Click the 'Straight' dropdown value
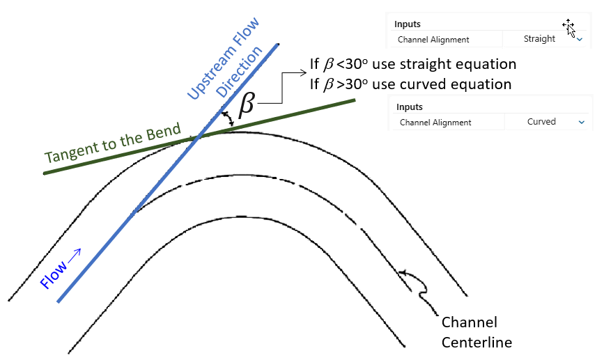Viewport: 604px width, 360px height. pos(539,39)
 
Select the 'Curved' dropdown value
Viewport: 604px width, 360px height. pos(541,122)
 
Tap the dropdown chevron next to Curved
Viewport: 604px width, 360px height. pos(581,122)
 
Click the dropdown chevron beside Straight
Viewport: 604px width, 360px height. pos(580,40)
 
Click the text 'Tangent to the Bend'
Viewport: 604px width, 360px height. pos(113,143)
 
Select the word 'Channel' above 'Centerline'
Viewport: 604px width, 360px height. pos(470,322)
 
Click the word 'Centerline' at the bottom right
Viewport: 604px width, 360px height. pos(477,342)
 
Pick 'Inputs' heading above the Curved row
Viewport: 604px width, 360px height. pos(410,107)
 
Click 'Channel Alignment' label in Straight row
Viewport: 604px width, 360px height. pos(433,40)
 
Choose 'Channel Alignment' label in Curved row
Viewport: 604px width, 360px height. pos(435,123)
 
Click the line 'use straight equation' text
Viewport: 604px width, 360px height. pos(444,65)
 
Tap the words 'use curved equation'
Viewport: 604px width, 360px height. pos(442,84)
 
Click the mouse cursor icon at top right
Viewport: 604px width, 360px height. pos(569,27)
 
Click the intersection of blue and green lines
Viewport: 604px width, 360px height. pos(198,136)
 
